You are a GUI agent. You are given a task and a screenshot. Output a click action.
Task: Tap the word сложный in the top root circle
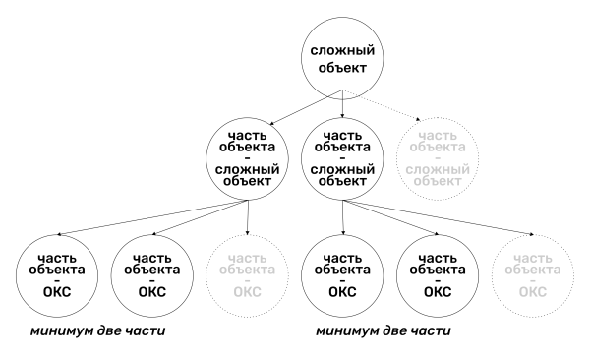click(342, 50)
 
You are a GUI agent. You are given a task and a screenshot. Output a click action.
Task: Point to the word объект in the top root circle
click(342, 68)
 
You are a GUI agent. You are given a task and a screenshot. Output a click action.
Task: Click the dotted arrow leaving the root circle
click(382, 105)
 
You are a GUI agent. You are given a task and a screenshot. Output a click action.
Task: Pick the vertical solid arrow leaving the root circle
click(342, 103)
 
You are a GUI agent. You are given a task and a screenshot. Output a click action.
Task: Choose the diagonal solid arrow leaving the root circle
click(306, 107)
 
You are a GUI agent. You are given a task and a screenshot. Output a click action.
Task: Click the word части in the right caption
click(433, 331)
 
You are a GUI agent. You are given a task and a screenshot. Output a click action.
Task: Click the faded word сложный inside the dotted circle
click(438, 169)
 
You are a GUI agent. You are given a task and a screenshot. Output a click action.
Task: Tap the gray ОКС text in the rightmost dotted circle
click(533, 292)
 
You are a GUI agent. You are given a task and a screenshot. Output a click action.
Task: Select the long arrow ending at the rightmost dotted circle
click(438, 217)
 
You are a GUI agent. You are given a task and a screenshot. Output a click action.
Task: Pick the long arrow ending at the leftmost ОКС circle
click(152, 217)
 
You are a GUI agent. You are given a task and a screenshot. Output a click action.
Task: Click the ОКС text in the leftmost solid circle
click(57, 292)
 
